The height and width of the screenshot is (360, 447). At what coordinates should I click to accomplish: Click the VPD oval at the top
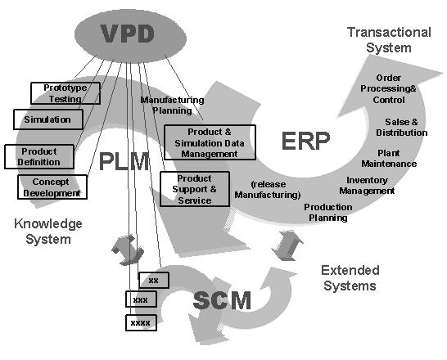pos(130,35)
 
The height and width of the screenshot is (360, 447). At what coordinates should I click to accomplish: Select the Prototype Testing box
pos(65,93)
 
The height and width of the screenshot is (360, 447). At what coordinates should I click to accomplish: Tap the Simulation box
pos(48,119)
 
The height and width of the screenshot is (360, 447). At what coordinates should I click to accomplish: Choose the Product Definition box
pos(39,156)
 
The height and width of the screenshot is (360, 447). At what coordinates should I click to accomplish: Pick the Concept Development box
pos(52,187)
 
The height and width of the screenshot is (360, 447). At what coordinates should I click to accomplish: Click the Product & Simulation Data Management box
pos(210,142)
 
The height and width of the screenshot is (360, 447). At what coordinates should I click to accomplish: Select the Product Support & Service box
pos(195,189)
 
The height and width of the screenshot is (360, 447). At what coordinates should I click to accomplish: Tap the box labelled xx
pos(154,281)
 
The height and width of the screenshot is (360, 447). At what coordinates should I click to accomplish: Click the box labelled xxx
pos(141,299)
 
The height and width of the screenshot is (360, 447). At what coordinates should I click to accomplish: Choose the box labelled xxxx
pos(141,322)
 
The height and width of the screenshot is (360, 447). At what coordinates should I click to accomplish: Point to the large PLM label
pos(124,161)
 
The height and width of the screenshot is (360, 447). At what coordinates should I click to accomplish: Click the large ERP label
pos(305,141)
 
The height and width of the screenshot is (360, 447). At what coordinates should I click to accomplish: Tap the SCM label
pos(222,300)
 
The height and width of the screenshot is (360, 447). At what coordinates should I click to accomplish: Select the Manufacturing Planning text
pos(172,105)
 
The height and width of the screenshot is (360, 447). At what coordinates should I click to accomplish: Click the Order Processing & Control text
pos(388,88)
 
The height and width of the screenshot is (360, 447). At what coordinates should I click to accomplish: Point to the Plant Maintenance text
pos(389,159)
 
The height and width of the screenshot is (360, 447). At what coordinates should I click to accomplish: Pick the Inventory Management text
pos(367,186)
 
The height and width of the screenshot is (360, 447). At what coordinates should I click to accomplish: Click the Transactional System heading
pos(389,40)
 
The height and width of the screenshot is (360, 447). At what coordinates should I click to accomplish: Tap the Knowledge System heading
pos(48,232)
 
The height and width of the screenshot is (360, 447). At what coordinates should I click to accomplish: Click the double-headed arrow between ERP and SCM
pos(287,245)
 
